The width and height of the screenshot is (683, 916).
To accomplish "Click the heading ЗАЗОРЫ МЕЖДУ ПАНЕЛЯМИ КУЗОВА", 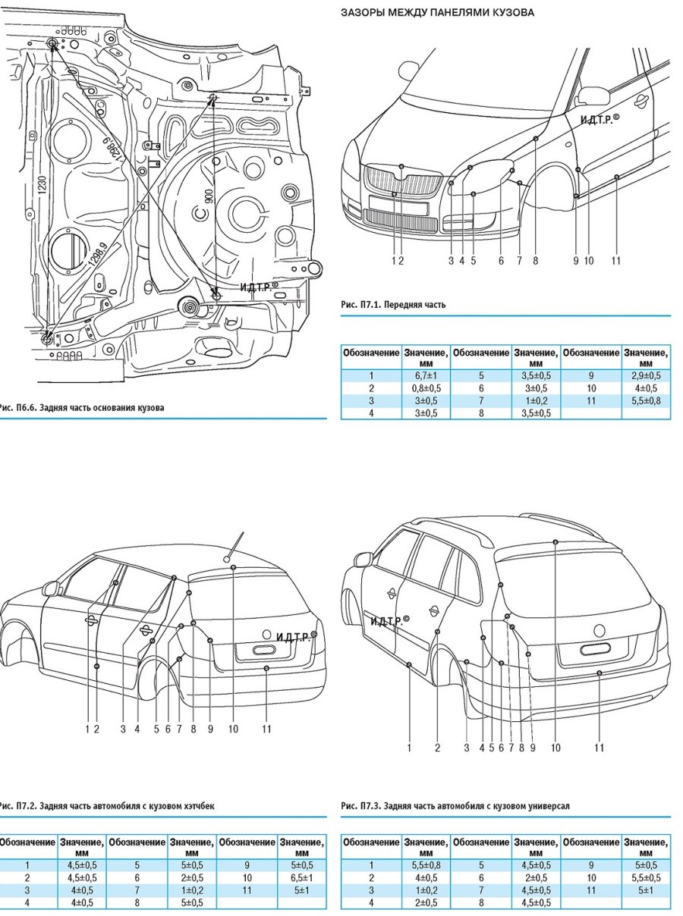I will click(x=436, y=13).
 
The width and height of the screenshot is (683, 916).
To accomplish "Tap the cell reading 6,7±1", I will click(x=423, y=375).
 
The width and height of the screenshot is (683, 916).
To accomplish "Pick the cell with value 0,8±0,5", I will click(x=423, y=387).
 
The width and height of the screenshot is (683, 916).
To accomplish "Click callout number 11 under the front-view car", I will click(x=615, y=261).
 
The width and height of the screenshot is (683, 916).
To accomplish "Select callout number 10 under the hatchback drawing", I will click(x=233, y=729).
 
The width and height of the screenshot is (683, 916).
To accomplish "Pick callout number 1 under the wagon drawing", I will click(x=409, y=748).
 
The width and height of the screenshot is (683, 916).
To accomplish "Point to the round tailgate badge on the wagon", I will click(x=600, y=629).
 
